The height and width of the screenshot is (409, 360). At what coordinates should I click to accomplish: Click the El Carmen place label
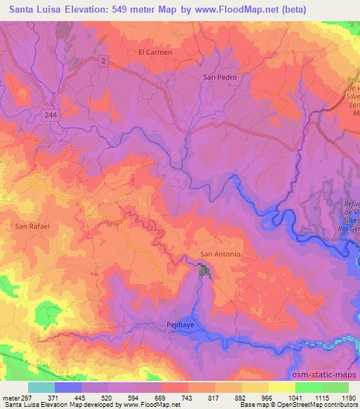[x=155, y=52]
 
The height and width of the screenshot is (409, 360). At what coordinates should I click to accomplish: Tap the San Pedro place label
[x=217, y=77]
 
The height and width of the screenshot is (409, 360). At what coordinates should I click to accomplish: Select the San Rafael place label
[x=32, y=226]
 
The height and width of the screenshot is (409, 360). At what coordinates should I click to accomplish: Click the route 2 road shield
[x=104, y=62]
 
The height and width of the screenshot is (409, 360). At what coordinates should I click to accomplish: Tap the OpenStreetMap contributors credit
[x=321, y=405]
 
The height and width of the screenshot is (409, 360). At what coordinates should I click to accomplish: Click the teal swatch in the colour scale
[x=41, y=387]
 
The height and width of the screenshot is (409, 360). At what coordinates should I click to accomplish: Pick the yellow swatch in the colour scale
[x=282, y=387]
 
